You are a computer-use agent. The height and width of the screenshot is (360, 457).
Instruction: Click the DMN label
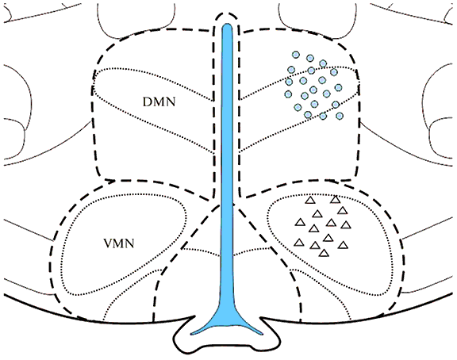coord(159,101)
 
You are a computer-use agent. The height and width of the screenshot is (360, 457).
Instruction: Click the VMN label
coord(119,243)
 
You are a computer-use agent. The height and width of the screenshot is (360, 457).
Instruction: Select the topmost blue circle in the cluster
coord(296,55)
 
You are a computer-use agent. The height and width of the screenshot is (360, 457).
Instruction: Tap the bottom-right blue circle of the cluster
coord(340,116)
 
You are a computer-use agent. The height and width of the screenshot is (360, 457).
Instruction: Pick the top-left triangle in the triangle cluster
coord(311,200)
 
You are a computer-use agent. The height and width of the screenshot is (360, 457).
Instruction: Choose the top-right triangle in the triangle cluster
coord(335,200)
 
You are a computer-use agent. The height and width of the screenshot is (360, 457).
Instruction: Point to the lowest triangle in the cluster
coord(324,253)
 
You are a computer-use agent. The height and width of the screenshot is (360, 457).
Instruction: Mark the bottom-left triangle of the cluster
coord(299,243)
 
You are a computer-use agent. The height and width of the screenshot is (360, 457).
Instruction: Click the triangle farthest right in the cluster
coord(346,225)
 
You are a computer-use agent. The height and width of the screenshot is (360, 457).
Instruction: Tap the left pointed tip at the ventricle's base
coord(191,333)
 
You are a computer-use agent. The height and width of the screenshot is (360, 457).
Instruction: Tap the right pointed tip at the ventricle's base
coord(263,334)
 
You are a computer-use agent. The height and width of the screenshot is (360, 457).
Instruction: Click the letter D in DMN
coord(148,102)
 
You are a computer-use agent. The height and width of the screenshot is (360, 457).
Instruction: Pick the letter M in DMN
coord(159,102)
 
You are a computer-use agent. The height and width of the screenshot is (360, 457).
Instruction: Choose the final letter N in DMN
coord(171,102)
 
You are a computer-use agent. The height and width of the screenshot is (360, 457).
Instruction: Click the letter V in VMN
coord(108,243)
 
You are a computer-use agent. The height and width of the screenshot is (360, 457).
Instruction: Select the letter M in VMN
coord(119,243)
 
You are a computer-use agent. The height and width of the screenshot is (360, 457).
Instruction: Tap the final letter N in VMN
coord(130,243)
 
